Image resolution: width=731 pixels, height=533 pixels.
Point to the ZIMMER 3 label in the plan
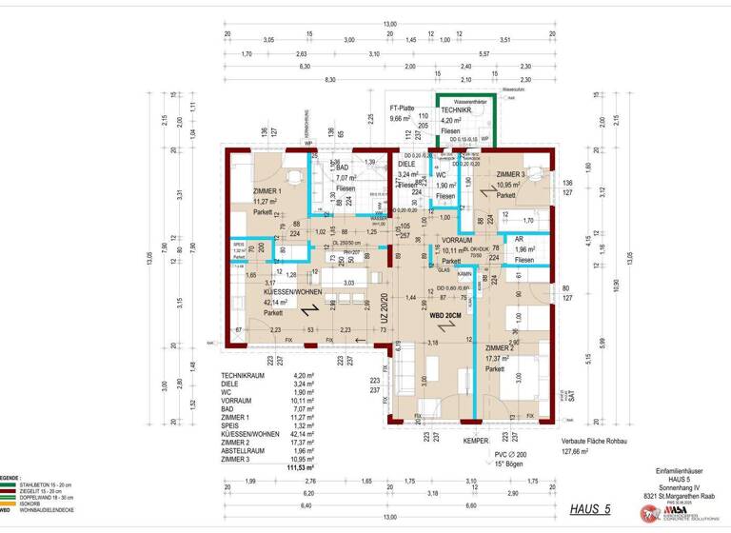point(517,173)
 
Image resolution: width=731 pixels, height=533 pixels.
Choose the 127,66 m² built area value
point(577,452)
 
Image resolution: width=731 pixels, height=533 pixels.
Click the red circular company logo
point(645,514)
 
